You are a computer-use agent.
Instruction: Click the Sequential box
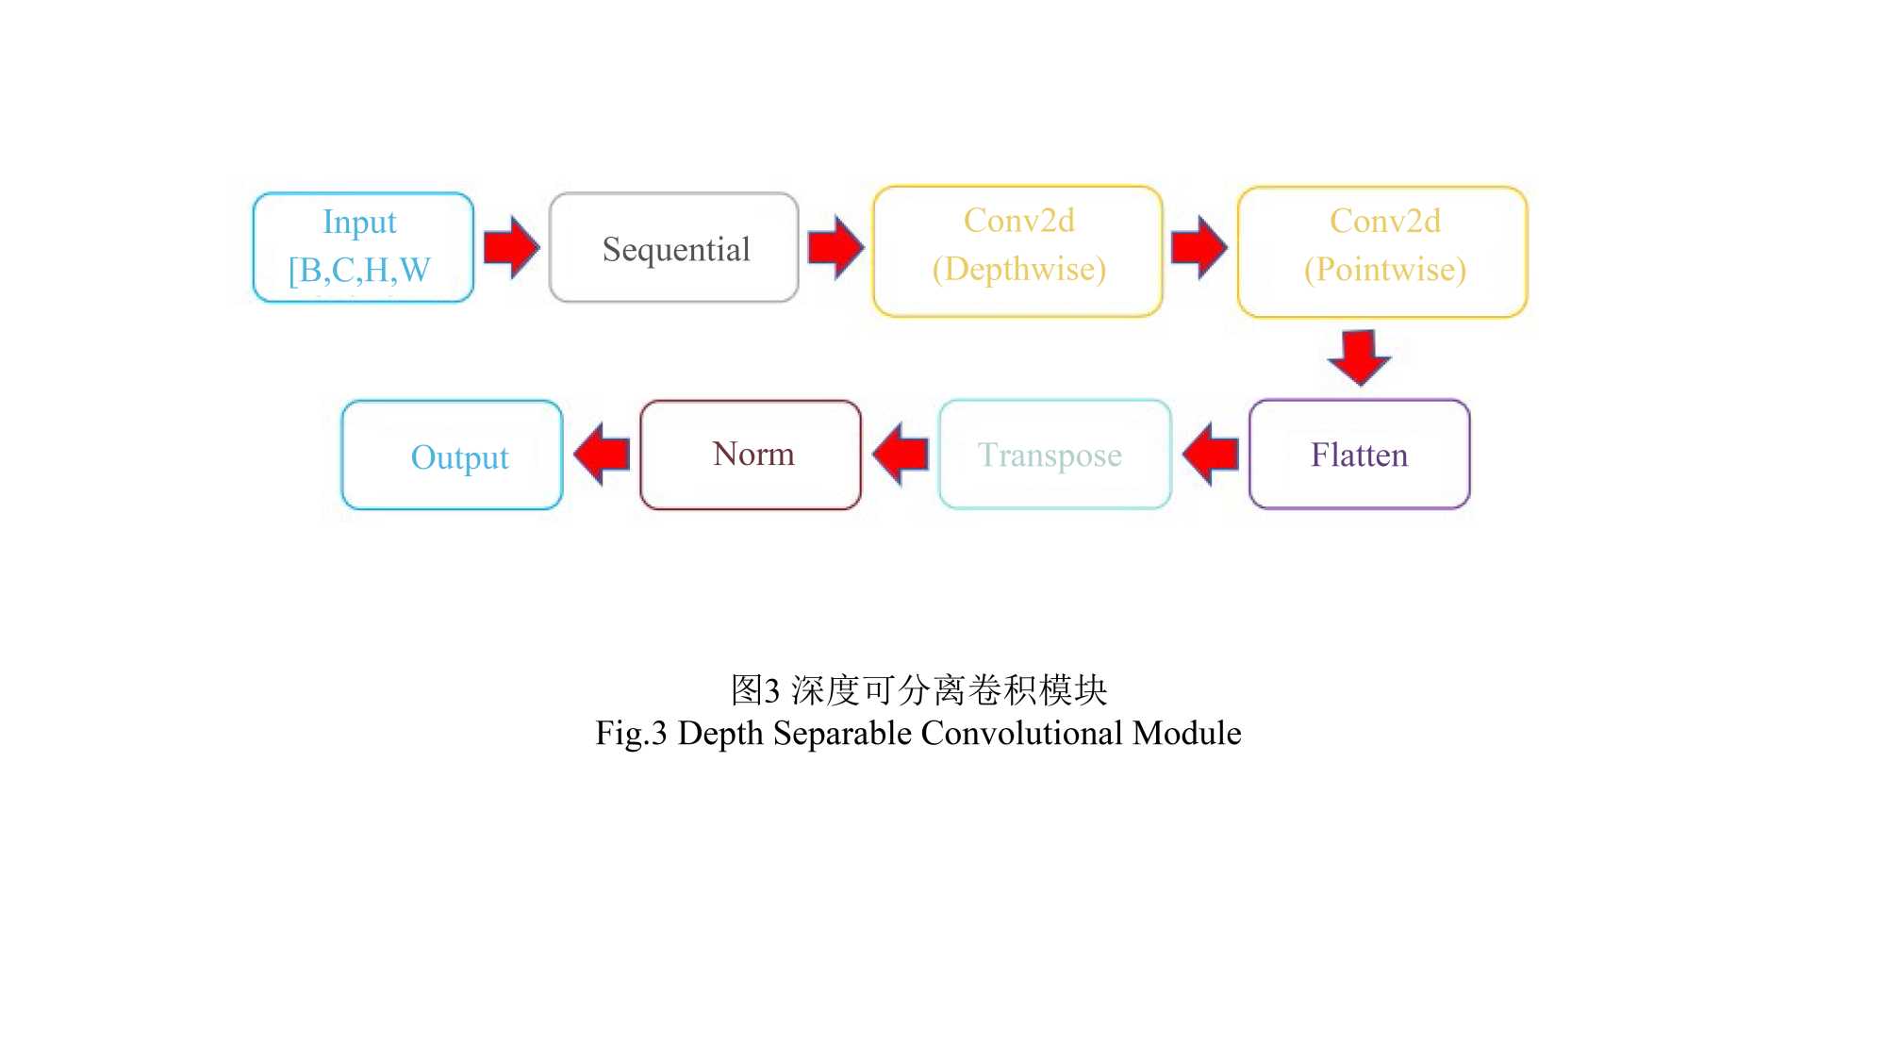click(x=674, y=248)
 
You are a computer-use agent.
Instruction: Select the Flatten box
click(x=1360, y=455)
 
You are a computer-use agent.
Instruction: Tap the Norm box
click(x=751, y=455)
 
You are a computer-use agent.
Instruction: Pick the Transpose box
click(x=1055, y=455)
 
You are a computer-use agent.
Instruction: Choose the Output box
click(x=453, y=455)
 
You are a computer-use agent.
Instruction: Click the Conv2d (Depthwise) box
click(x=1018, y=252)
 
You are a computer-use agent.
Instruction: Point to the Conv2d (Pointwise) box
click(x=1382, y=252)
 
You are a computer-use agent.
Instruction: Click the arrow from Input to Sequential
click(x=511, y=247)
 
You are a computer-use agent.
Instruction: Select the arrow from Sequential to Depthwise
click(x=836, y=247)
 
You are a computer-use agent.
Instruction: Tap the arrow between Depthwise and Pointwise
click(x=1199, y=247)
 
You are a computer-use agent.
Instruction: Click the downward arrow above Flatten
click(x=1359, y=357)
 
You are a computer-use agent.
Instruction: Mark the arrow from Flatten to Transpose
click(x=1211, y=454)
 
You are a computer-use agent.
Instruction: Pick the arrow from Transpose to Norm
click(x=901, y=454)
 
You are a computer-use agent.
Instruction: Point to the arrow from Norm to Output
click(x=602, y=454)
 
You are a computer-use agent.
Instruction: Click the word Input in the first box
click(x=359, y=223)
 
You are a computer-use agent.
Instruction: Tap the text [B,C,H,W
click(x=359, y=271)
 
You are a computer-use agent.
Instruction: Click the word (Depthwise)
click(x=1018, y=270)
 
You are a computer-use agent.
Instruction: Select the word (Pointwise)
click(x=1385, y=270)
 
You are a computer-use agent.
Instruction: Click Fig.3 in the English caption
click(x=631, y=734)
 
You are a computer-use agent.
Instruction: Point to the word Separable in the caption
click(x=842, y=734)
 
